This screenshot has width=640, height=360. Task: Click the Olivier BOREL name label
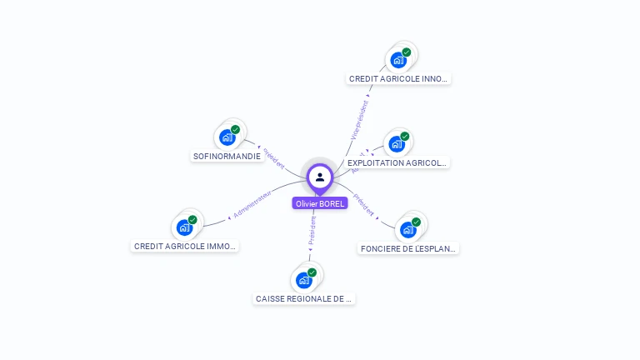[x=320, y=203]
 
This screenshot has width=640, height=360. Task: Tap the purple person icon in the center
[x=320, y=177]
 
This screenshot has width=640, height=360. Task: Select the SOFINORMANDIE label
[x=227, y=156]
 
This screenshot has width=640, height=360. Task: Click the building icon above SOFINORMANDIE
[x=227, y=137]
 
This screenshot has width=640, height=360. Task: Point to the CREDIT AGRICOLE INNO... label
[x=399, y=78]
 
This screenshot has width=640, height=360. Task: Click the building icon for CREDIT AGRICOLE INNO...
[x=398, y=60]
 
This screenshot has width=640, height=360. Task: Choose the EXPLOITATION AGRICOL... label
[x=397, y=163]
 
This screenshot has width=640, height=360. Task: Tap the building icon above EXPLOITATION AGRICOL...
[x=397, y=143]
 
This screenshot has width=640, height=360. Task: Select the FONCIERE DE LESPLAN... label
[x=408, y=248]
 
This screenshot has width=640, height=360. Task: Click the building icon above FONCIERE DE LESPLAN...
[x=407, y=229]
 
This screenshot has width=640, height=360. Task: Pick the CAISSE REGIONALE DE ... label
[x=304, y=298]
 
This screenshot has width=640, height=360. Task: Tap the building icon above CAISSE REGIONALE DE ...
[x=303, y=280]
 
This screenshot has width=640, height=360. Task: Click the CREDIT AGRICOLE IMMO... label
[x=185, y=246]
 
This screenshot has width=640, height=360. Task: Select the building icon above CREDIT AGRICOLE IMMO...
[x=184, y=227]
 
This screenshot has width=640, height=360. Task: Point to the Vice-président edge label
[x=358, y=120]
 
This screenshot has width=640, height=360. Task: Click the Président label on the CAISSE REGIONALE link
[x=312, y=232]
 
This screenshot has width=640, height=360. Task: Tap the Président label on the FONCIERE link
[x=363, y=205]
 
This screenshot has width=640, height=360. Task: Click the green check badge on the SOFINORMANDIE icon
[x=235, y=130]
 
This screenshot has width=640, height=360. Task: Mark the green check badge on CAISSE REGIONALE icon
[x=312, y=272]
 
